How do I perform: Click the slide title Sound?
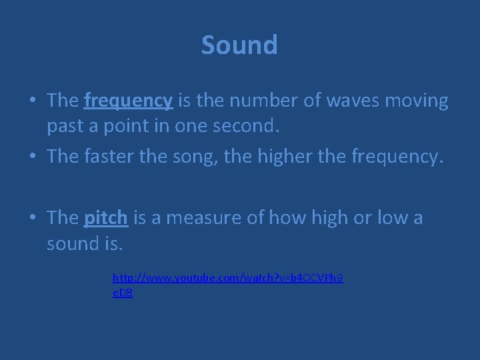pos(239,45)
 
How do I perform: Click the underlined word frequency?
pos(129,101)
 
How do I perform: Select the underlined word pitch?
pos(107,217)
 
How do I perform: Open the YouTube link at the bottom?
pos(228,276)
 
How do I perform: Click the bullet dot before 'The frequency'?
pos(32,101)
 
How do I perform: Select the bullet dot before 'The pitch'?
pos(32,218)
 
